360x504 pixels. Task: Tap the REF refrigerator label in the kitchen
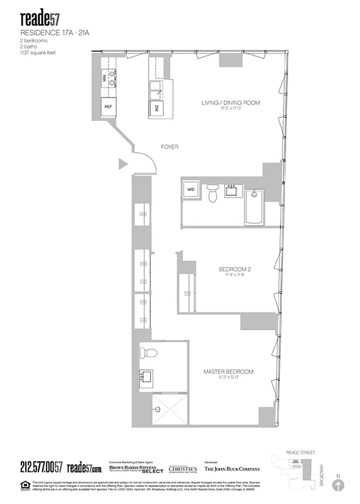point(108,108)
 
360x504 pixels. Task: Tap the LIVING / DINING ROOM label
point(231,103)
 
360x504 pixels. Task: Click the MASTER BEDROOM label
point(228,372)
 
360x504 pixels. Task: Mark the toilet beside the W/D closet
point(213,195)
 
